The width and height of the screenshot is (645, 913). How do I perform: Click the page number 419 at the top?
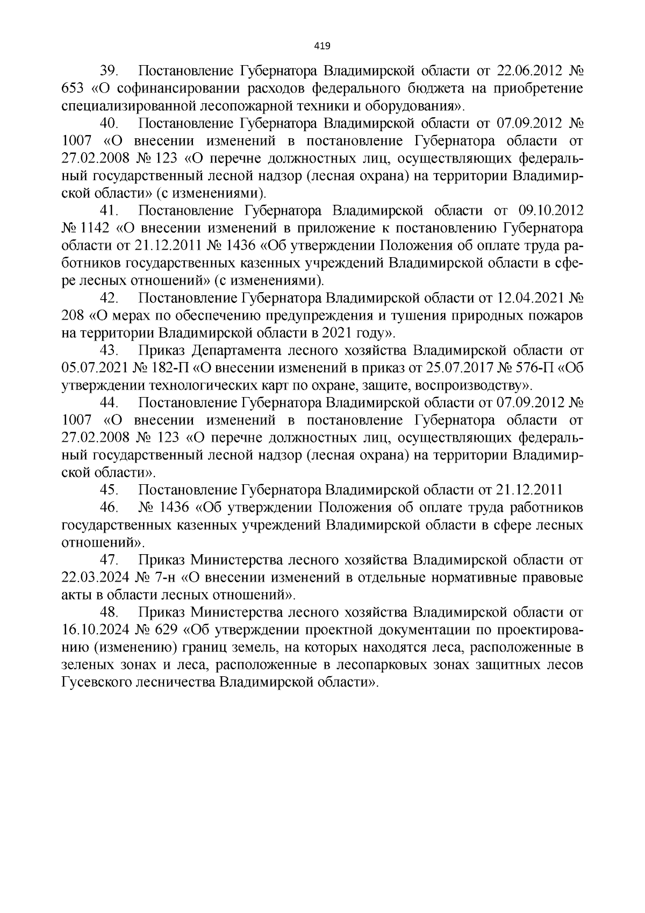[x=322, y=45]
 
